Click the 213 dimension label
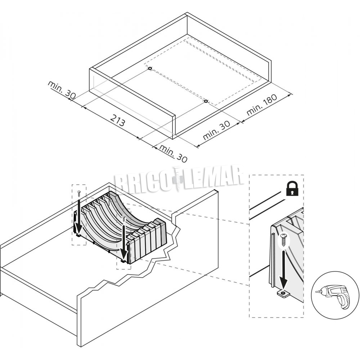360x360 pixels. (x=118, y=120)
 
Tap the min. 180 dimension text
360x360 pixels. (x=262, y=105)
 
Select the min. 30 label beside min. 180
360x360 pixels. (x=216, y=130)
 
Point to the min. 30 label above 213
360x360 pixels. (x=62, y=90)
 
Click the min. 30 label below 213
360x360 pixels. (x=173, y=154)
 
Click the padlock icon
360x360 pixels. (x=292, y=188)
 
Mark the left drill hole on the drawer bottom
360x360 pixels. (x=150, y=68)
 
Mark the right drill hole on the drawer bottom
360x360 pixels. (x=206, y=101)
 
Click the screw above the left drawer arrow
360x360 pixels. (x=79, y=193)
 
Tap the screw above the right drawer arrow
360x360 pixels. (x=124, y=218)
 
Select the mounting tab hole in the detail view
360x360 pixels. (x=283, y=293)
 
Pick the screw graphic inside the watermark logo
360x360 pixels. (x=178, y=179)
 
